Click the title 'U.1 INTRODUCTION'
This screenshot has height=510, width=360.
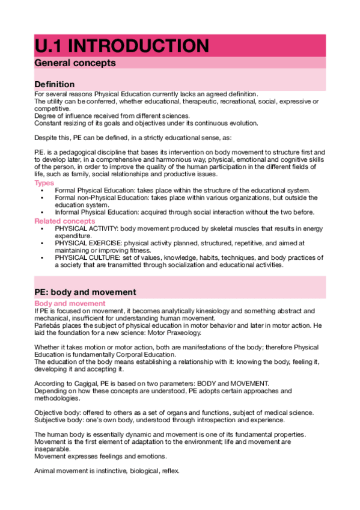click(122, 46)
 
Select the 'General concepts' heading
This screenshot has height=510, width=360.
click(75, 63)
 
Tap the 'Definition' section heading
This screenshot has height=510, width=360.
click(55, 84)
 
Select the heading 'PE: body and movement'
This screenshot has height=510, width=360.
click(85, 292)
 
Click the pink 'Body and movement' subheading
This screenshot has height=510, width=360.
click(70, 304)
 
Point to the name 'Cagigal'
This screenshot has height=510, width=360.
click(87, 383)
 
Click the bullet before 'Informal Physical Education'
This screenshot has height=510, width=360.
click(42, 212)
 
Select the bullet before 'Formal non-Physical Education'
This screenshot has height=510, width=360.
click(42, 197)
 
